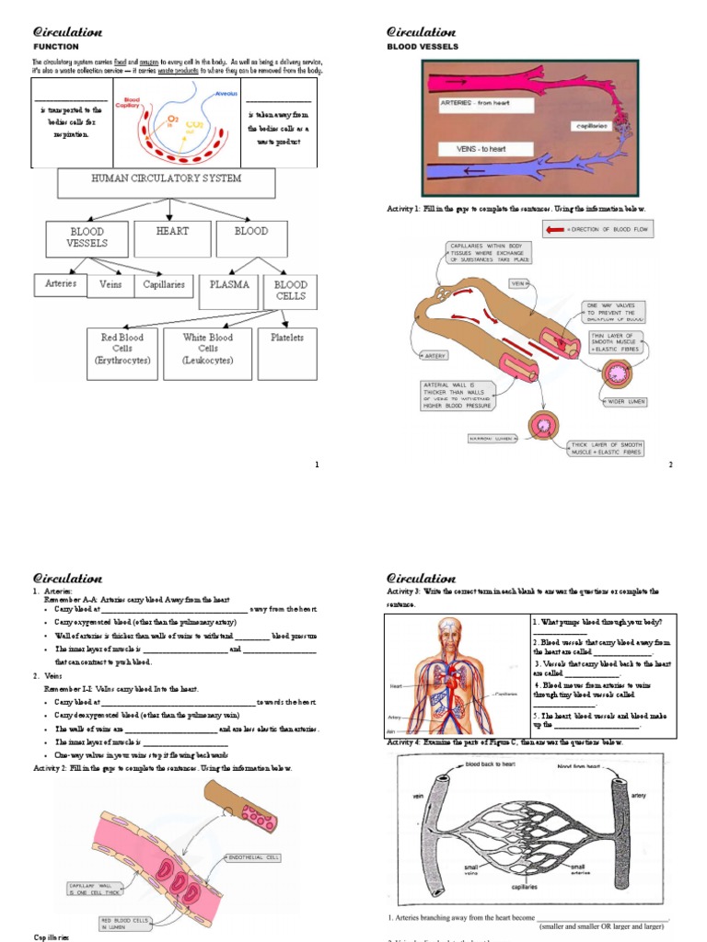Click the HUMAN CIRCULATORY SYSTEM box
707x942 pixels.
click(x=166, y=182)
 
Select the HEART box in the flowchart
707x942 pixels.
click(x=172, y=237)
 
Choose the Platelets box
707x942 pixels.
click(x=286, y=353)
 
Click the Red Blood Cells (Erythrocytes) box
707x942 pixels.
click(x=125, y=353)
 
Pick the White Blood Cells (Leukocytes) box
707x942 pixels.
click(x=207, y=353)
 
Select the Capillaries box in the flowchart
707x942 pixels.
click(x=164, y=285)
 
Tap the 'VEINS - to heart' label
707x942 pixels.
click(x=481, y=148)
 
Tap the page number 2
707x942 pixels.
click(x=670, y=465)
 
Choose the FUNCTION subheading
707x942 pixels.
click(x=56, y=46)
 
